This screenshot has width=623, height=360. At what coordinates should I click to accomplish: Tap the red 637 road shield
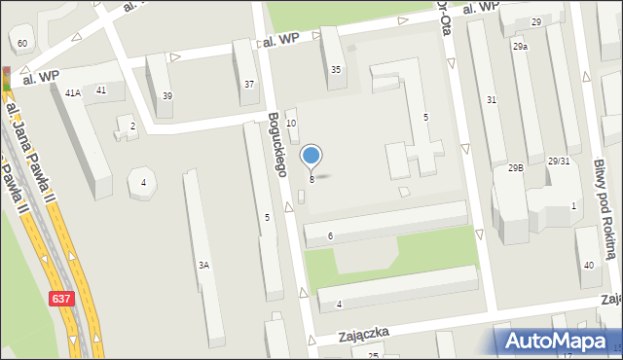(60, 305)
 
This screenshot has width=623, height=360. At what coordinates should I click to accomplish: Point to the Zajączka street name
(364, 333)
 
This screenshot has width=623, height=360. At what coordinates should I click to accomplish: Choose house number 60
(21, 44)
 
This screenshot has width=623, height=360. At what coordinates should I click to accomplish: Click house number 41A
(72, 92)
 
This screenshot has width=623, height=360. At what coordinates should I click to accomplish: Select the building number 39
(167, 95)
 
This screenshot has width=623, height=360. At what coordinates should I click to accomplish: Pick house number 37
(249, 85)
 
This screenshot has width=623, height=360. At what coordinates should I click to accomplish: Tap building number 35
(336, 69)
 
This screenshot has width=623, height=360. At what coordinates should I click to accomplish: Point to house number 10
(290, 123)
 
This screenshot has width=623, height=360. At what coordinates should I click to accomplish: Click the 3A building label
(203, 265)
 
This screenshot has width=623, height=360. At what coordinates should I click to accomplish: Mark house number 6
(331, 236)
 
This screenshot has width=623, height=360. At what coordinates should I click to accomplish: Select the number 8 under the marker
(311, 179)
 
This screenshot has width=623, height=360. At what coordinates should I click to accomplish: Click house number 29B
(515, 167)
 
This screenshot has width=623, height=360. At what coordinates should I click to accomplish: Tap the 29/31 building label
(558, 161)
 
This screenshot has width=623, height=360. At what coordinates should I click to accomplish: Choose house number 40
(588, 266)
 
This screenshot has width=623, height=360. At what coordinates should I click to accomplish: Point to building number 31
(492, 99)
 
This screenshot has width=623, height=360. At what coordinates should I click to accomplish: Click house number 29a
(521, 46)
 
